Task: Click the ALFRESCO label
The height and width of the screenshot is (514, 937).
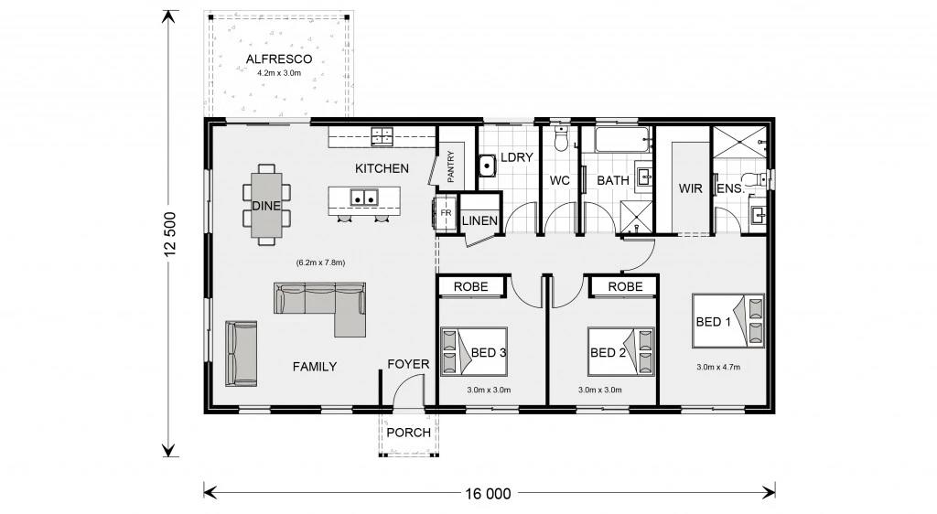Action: [279, 59]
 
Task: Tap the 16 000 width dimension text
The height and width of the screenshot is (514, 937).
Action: [489, 494]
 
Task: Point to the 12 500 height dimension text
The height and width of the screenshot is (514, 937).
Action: [171, 234]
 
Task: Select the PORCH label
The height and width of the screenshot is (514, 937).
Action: [409, 433]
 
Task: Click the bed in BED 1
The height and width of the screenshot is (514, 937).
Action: [727, 321]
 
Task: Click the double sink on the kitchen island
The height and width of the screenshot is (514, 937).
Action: [364, 198]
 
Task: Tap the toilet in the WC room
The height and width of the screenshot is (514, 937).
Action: [561, 138]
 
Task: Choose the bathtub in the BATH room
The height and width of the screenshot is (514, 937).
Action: [622, 140]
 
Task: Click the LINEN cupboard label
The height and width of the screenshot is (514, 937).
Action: [479, 221]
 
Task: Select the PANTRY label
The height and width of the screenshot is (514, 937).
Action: [450, 166]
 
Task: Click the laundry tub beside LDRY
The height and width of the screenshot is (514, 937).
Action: [487, 166]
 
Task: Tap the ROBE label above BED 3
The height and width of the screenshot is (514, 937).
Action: [471, 286]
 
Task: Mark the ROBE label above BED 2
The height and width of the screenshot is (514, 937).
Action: [626, 286]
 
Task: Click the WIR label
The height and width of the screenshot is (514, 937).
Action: [690, 188]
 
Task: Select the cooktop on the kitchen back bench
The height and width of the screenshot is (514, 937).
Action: [382, 136]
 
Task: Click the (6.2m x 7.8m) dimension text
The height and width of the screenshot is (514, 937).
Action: [321, 262]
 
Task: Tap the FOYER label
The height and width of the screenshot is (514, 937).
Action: [408, 364]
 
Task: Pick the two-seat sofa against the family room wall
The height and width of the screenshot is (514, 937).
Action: [242, 353]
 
